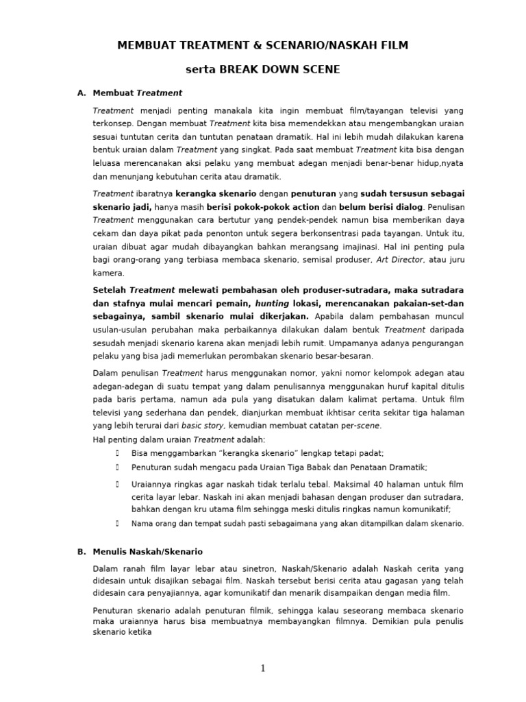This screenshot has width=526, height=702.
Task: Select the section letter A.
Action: point(81,93)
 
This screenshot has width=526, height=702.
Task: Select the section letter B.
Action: point(81,551)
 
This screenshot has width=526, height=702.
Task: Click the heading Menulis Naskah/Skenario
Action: point(147,551)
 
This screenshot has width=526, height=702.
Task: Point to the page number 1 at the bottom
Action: point(262,668)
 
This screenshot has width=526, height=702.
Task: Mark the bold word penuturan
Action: point(313,193)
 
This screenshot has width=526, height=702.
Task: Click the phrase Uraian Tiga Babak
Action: point(312,467)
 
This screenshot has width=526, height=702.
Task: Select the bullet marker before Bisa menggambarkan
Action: point(118,453)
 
